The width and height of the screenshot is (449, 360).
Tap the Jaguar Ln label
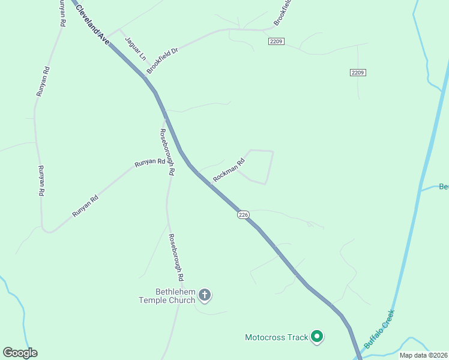[x=135, y=48]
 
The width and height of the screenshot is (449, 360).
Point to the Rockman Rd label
[x=229, y=170]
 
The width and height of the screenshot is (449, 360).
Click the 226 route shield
[x=243, y=215]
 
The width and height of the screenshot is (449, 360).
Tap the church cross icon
[x=205, y=295]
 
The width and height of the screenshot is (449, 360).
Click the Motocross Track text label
[x=276, y=337]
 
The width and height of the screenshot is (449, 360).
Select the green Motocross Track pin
[x=317, y=337]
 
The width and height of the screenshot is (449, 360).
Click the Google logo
[x=20, y=353]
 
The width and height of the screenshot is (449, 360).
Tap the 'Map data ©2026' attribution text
[x=423, y=355]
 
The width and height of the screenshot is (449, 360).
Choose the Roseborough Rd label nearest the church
[x=175, y=258]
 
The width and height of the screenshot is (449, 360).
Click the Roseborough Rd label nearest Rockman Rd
[x=167, y=152]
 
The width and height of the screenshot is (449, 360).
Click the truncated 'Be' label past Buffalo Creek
[x=444, y=187]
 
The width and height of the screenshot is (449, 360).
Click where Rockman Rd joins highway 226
[x=197, y=171]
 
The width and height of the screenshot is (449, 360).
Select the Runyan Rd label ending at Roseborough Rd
[x=149, y=162]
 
